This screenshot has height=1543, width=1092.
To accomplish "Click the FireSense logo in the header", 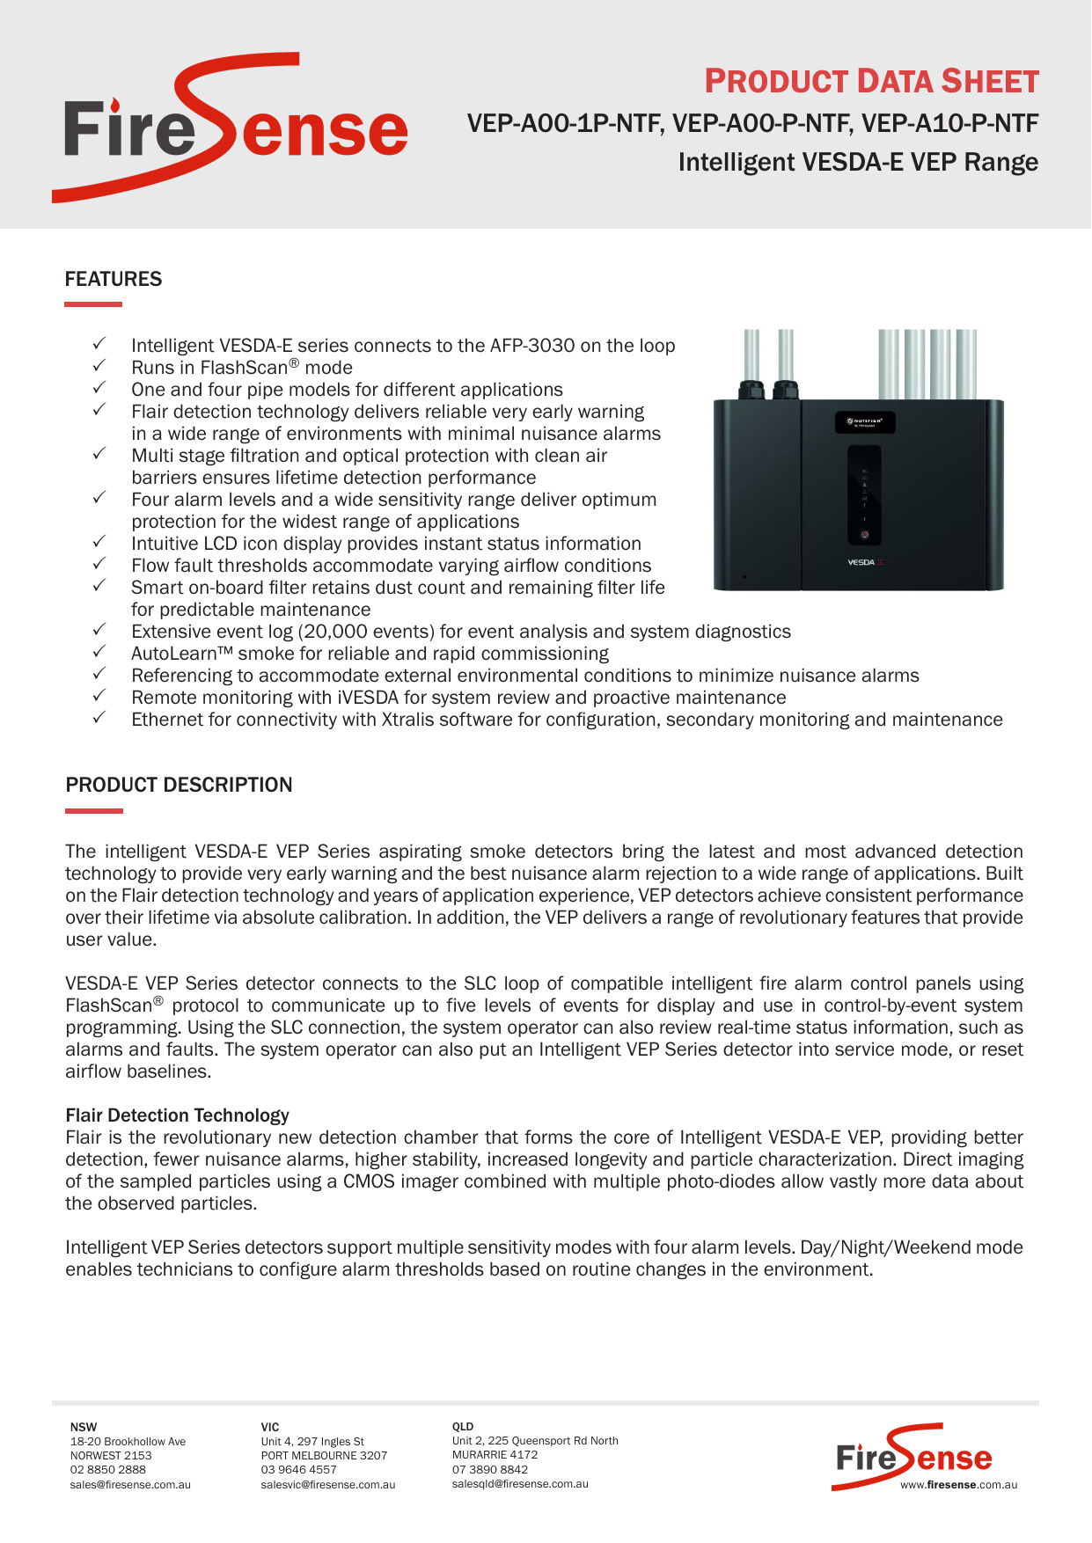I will pos(234,128).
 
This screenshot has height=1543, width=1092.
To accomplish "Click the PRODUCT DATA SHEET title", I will pos(871,82).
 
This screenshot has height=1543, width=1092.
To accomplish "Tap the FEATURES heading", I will pos(114,279).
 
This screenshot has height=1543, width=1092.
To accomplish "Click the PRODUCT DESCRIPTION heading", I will pos(179,785).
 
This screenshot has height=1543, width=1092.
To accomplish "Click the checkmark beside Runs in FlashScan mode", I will pos(99,366).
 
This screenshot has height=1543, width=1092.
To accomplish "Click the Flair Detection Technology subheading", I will pos(177,1115).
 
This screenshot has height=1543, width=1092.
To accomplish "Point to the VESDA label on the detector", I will pos(861,562).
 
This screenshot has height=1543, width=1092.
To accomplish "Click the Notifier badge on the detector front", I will pos(864,422).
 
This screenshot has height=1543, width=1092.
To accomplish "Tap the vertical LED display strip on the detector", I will pos(864,494).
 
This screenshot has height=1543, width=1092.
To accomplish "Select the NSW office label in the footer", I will pos(84,1427).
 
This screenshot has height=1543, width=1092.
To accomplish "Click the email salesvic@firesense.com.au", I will pos(327,1485).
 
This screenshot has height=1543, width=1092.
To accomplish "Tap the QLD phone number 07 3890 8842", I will pos(489,1469).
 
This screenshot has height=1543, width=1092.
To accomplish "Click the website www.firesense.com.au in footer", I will pos(958,1485).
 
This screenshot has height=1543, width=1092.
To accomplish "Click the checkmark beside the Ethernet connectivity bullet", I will pos(99,718).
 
